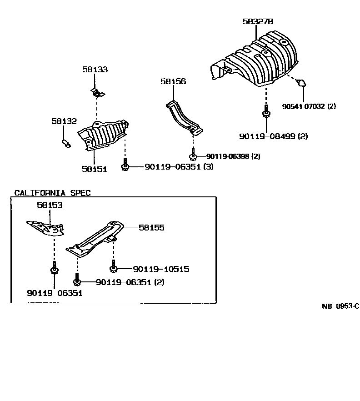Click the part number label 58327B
point(257,21)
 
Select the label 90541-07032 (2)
point(309,106)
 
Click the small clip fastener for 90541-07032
point(301,83)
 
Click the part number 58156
point(173,81)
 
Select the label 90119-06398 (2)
point(233,156)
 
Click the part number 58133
point(95,70)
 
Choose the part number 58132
point(64,121)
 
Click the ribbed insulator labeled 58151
point(104,134)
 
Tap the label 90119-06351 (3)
point(179,167)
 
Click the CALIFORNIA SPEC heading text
point(52,193)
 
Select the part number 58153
point(50,205)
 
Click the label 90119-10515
point(160,269)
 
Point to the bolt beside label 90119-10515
point(113,265)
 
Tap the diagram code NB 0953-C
point(340,306)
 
